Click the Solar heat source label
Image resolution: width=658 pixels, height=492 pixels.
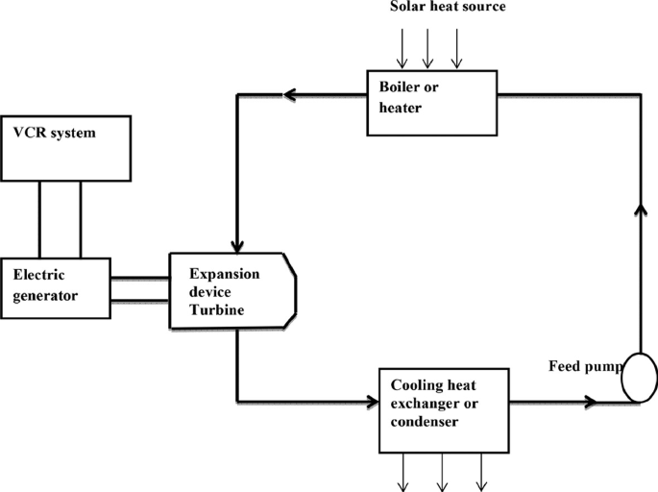pyautogui.click(x=447, y=8)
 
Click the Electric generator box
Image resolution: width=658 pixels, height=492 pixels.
pyautogui.click(x=54, y=285)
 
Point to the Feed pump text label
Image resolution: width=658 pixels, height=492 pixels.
pyautogui.click(x=582, y=366)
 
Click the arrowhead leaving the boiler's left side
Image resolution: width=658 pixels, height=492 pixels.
pyautogui.click(x=287, y=94)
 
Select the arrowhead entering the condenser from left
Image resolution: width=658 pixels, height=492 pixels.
pyautogui.click(x=369, y=402)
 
